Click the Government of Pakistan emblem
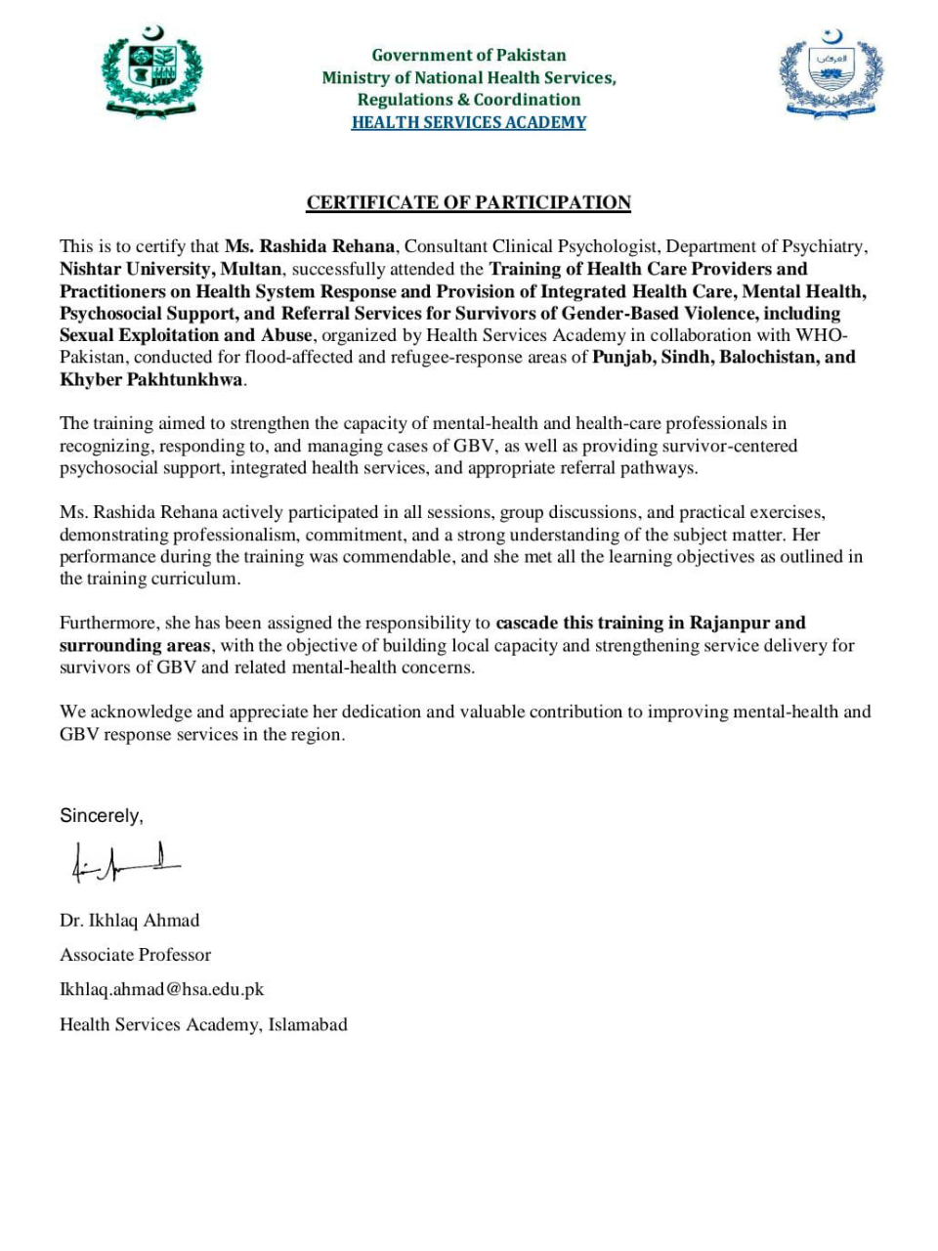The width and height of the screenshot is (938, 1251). click(151, 74)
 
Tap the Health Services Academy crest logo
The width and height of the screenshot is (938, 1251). click(831, 75)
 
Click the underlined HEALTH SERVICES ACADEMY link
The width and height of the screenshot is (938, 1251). click(469, 122)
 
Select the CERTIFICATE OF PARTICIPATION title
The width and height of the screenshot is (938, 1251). click(469, 202)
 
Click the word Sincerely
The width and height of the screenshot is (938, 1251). click(101, 815)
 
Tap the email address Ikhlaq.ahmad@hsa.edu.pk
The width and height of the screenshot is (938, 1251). click(162, 989)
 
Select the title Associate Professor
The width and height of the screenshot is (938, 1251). click(135, 954)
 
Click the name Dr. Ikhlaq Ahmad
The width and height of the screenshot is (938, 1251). click(129, 920)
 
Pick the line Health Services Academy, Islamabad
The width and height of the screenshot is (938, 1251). click(203, 1024)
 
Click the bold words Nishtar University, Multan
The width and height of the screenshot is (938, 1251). click(171, 269)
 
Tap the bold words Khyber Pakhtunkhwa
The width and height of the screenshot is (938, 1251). click(151, 379)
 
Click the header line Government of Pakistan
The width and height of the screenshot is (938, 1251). click(469, 55)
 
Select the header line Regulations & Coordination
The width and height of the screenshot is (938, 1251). click(469, 100)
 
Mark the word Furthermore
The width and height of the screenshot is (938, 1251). click(108, 623)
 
